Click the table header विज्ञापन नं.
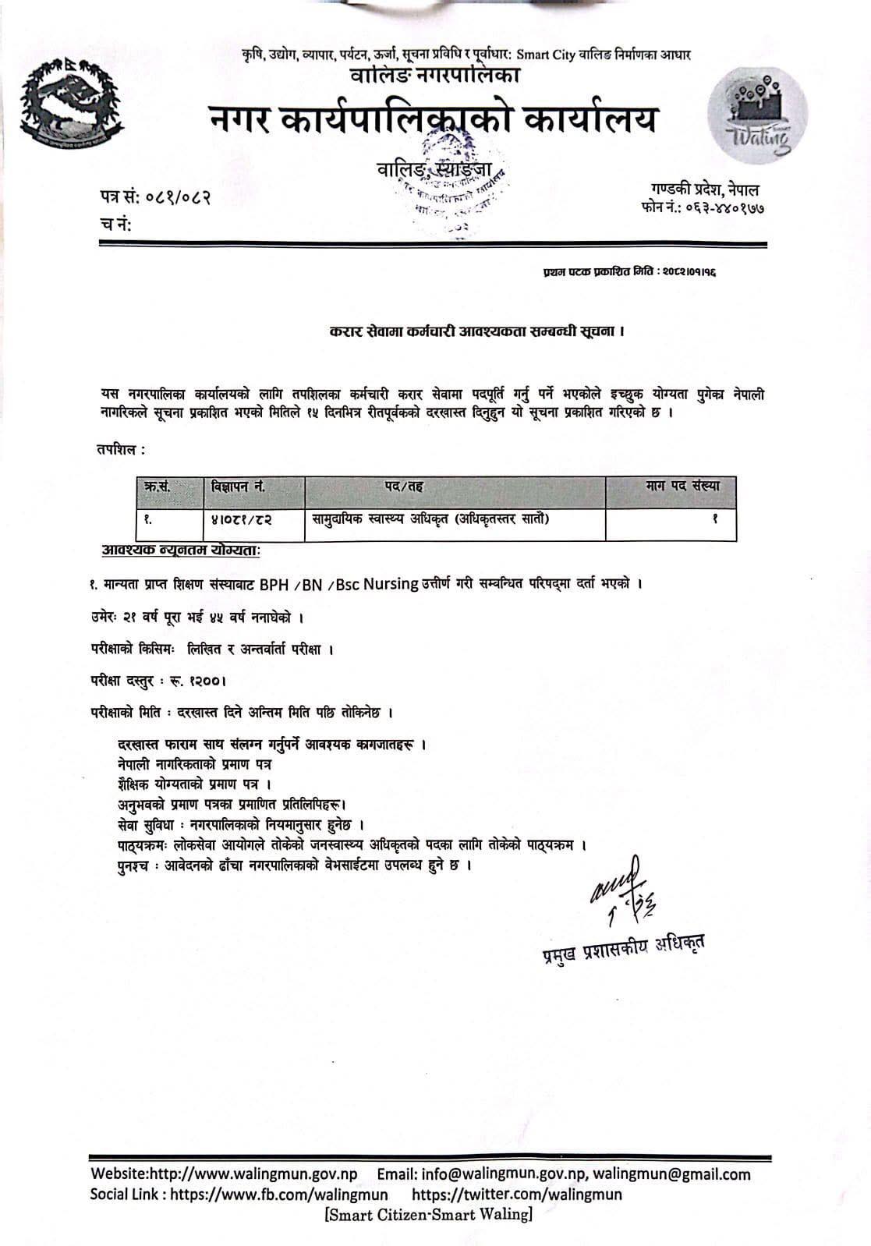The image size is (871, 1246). click(x=238, y=487)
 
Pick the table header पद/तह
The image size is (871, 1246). click(x=404, y=487)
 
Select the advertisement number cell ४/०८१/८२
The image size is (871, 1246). click(x=241, y=517)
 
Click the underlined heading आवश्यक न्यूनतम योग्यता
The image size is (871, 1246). click(x=181, y=550)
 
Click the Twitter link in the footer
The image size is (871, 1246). click(x=516, y=1194)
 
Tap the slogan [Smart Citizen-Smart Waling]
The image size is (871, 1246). click(x=429, y=1214)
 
